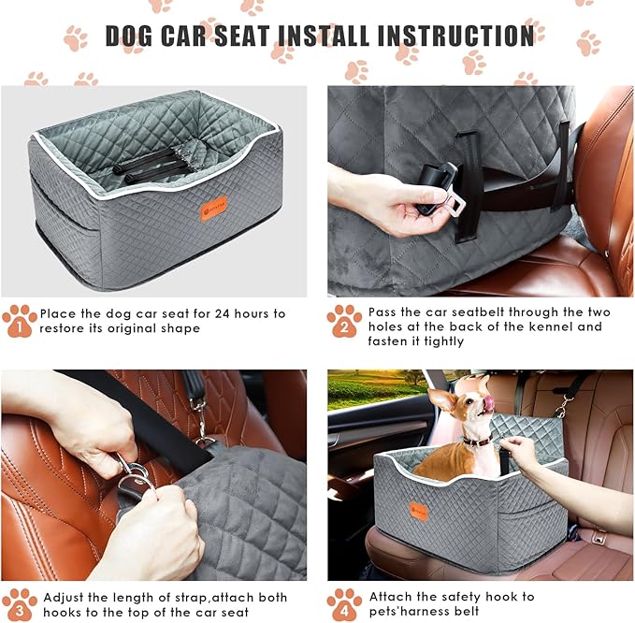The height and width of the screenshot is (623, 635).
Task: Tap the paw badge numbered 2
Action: (x=344, y=321)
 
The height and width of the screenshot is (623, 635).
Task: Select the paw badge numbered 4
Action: (x=344, y=604)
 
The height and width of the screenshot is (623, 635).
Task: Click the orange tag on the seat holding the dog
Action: (x=417, y=511)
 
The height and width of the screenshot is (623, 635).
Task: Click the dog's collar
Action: (x=477, y=440)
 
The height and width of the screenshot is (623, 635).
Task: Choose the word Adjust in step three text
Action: (x=62, y=597)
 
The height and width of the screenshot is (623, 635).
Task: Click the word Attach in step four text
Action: (x=391, y=596)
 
